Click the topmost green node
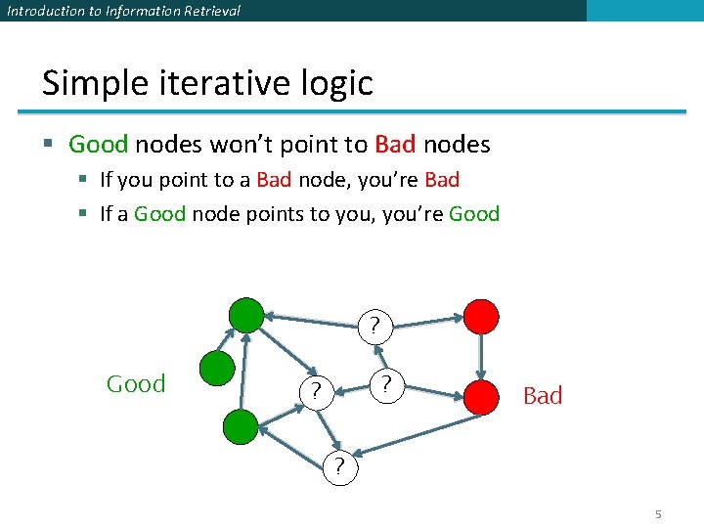246,316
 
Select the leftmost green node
217,369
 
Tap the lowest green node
241,426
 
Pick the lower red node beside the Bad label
481,396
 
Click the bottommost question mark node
339,466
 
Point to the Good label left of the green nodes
136,384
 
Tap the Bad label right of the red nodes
543,396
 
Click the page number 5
659,514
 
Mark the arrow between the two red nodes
481,356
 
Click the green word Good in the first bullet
99,145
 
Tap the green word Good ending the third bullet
474,213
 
